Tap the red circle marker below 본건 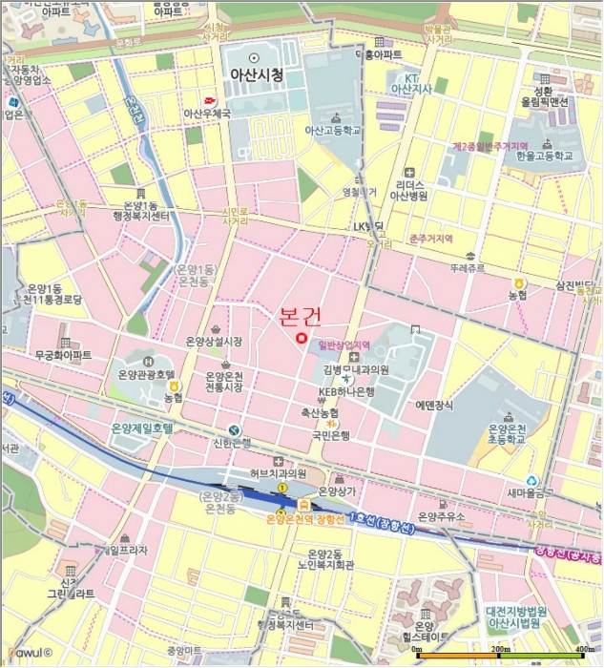(x=301, y=337)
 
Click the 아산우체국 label (x=208, y=113)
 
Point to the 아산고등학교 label (x=332, y=130)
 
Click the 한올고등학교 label (x=545, y=155)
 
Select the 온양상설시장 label (x=214, y=341)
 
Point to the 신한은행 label (x=232, y=443)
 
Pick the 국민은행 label (x=330, y=435)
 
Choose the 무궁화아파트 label (x=63, y=354)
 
